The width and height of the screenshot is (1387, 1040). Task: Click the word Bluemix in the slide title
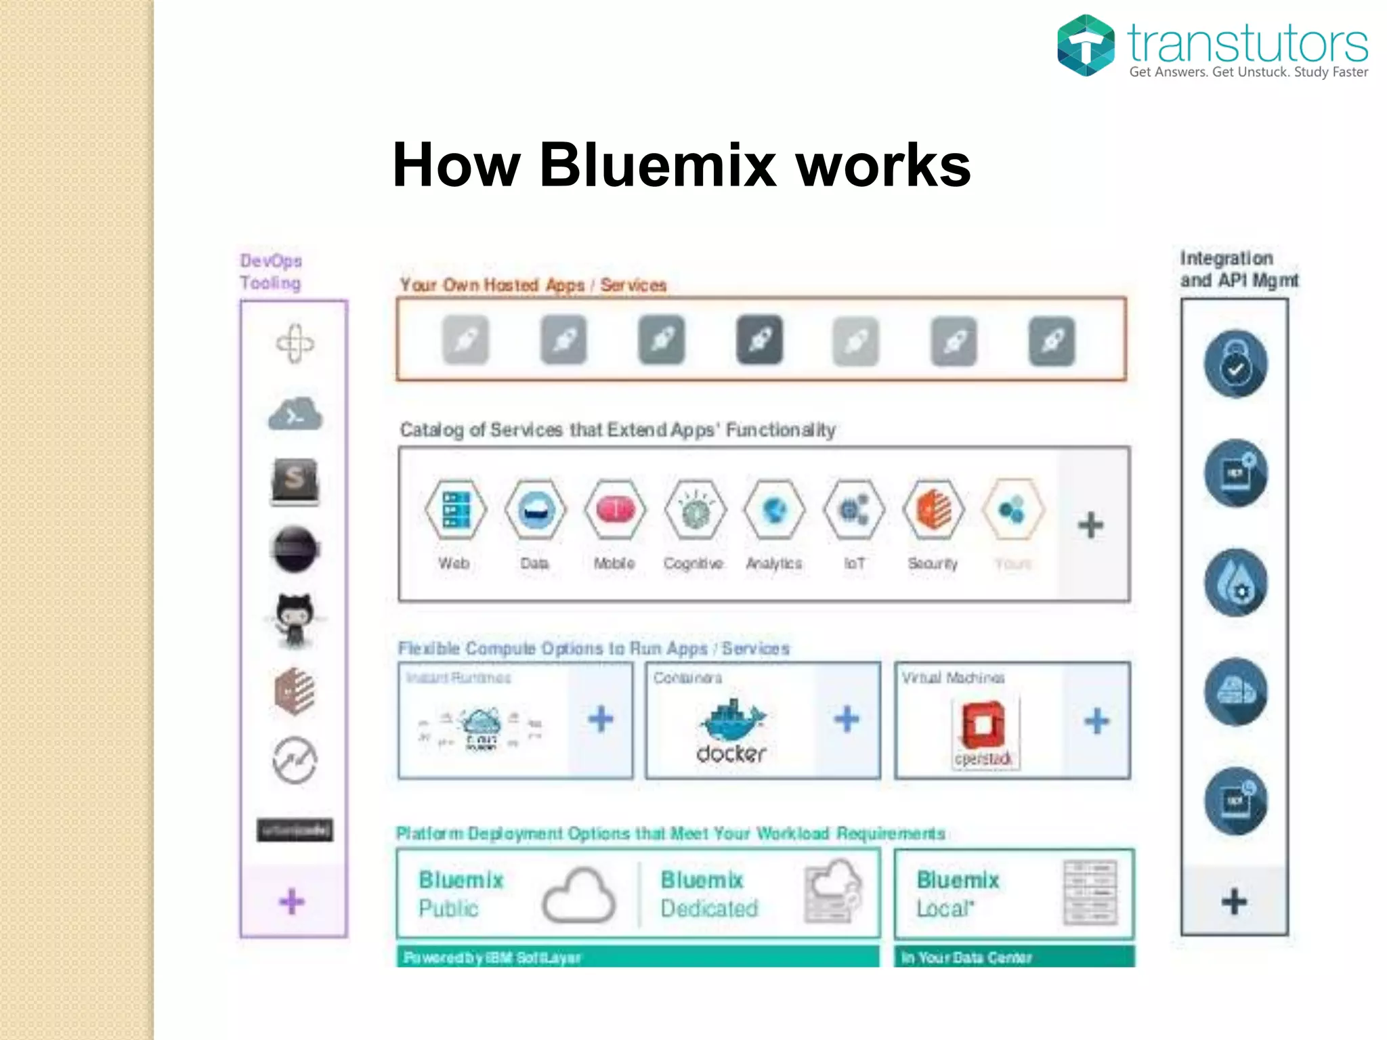coord(657,165)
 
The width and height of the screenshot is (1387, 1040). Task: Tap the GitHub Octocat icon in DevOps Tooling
coord(295,619)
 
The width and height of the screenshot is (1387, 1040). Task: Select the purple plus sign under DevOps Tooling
coord(292,901)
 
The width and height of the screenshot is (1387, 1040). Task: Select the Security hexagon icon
coord(933,510)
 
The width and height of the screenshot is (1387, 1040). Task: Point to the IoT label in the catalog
coord(854,563)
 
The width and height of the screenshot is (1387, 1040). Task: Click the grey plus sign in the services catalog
coord(1090,525)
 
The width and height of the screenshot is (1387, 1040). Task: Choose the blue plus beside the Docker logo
coord(847,719)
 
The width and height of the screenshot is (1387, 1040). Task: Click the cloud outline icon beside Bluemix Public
coord(579,896)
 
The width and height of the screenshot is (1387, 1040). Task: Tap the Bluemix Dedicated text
coord(708,894)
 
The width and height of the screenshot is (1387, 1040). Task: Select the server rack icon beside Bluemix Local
coord(1090,893)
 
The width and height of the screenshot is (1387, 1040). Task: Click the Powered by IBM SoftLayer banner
coord(637,957)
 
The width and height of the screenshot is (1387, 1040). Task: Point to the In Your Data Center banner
coord(1013,957)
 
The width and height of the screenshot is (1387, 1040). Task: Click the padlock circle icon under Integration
coord(1235,364)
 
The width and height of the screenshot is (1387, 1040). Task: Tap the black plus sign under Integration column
coord(1234,901)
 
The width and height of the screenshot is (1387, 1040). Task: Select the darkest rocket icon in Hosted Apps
coord(759,340)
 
